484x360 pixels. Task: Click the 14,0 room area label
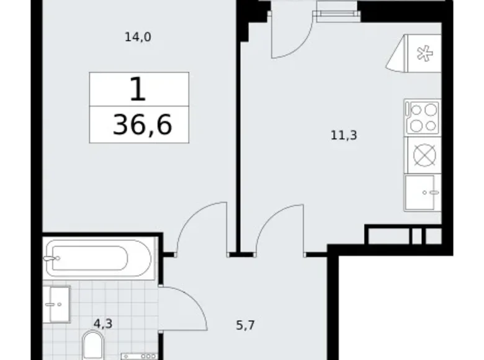point(138,37)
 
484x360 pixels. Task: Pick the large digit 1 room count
point(138,91)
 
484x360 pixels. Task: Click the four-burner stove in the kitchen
point(423,117)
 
